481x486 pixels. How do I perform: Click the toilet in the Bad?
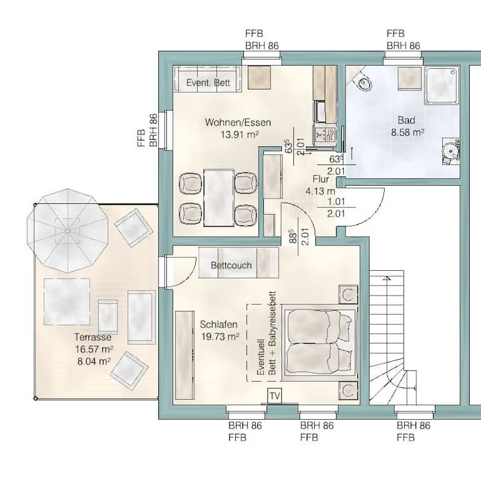(362, 80)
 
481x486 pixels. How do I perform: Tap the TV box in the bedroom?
(275, 396)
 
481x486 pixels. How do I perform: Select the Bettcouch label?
(231, 265)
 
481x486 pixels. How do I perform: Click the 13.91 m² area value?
(240, 134)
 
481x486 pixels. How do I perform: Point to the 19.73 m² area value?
(220, 336)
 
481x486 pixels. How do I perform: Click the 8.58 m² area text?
(408, 132)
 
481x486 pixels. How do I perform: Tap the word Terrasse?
(93, 337)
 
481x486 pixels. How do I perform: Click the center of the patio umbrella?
(67, 231)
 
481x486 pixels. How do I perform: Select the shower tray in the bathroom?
(442, 86)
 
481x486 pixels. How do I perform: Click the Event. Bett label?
(208, 83)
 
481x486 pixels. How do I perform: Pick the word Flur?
(321, 179)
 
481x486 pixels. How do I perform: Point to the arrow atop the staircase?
(387, 278)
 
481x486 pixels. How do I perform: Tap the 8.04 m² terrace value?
(94, 361)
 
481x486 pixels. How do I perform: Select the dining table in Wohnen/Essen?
(218, 198)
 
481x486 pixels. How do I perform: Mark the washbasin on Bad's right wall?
(451, 151)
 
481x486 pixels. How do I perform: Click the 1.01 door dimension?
(336, 201)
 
